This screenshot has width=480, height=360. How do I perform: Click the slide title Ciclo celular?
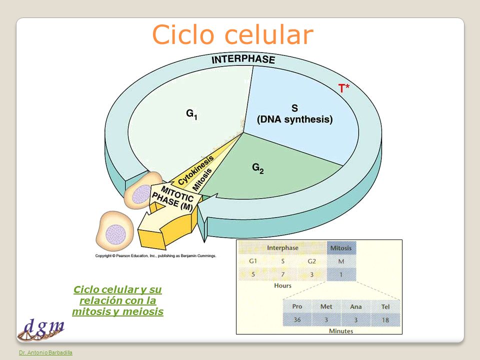[232, 34]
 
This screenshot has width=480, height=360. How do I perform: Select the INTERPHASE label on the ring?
[243, 59]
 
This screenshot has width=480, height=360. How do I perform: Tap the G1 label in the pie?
[191, 114]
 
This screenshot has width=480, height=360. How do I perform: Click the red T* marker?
[343, 88]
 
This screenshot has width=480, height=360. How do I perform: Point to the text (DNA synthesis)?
[295, 119]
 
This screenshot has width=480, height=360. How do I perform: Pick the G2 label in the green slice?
[258, 168]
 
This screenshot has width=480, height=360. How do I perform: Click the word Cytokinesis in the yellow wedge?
[195, 170]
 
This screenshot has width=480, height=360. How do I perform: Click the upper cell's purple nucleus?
[141, 194]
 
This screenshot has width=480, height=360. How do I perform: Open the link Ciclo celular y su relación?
[118, 300]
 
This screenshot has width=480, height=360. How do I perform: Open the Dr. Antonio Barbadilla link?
[45, 352]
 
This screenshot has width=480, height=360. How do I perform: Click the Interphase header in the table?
[282, 247]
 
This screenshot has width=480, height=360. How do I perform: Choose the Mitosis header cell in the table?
[341, 248]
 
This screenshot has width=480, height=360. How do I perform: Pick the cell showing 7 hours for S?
[282, 274]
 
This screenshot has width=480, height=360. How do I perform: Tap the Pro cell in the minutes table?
[297, 306]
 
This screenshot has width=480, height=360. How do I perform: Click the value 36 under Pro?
[297, 320]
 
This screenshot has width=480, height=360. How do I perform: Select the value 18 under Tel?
[385, 320]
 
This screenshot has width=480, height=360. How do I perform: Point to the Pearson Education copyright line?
[155, 255]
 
